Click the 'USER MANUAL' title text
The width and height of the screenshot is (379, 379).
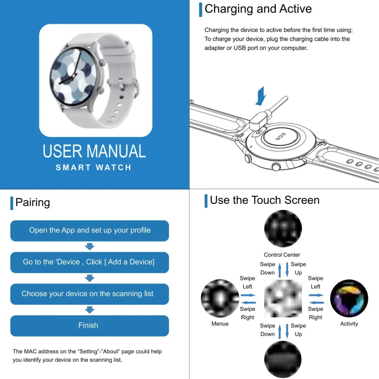coord(94,151)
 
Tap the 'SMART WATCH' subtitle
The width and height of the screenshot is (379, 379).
coord(94,168)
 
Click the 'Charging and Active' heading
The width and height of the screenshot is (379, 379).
coord(258,9)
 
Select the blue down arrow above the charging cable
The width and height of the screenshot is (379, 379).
coord(261,96)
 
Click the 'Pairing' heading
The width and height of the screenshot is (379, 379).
coord(33,202)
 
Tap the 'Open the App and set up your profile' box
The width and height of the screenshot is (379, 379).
coord(89,230)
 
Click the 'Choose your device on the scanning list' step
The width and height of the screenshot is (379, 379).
coord(89,294)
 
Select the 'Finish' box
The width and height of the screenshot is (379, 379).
coord(89,326)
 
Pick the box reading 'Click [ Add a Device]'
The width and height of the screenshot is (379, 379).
coord(89,262)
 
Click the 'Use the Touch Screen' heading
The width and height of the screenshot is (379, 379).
coord(265,200)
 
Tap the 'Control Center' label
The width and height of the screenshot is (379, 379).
coord(282,255)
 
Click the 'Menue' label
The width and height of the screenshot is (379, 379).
coord(220,324)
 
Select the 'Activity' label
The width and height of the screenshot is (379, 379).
coord(349,324)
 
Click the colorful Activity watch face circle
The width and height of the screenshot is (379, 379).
coord(349,299)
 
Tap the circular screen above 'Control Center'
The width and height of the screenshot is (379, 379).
coord(283,229)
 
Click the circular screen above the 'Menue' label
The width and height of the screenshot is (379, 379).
coord(220,298)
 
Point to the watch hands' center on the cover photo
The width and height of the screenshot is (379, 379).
coord(73,76)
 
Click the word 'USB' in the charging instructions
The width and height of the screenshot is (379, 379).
coord(240,48)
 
